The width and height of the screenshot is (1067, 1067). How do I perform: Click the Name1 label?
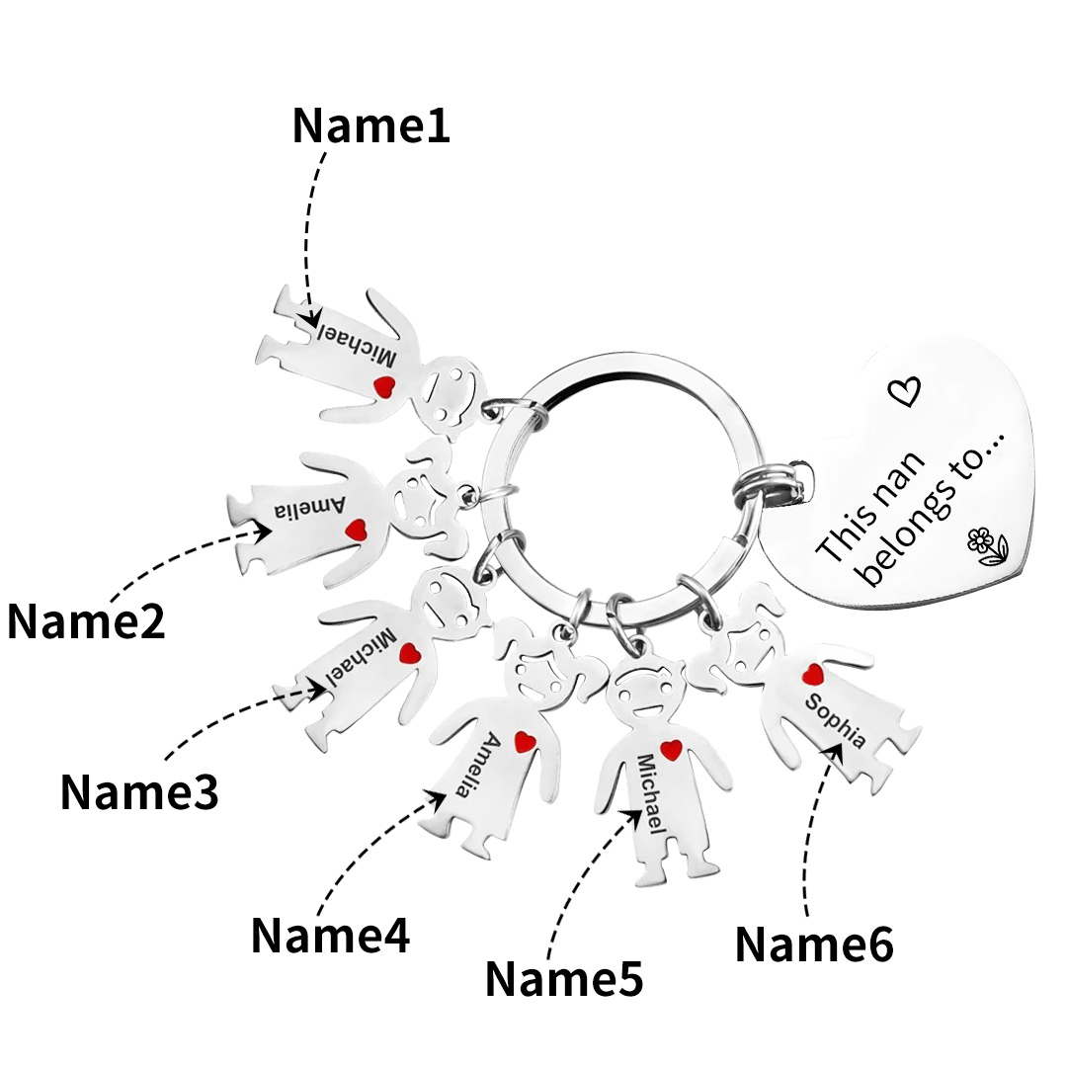pos(370,125)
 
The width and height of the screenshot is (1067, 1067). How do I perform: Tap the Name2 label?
pos(86,621)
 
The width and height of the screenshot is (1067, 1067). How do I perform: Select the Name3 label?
pos(139,791)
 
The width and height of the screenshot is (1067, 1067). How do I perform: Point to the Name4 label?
pos(330,935)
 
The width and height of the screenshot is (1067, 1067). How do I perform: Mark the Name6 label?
pos(814,944)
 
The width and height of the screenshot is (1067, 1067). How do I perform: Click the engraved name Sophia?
pos(836,721)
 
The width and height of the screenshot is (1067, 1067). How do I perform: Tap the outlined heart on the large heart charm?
pos(905,391)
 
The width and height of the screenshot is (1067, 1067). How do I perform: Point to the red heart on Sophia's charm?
pos(813,674)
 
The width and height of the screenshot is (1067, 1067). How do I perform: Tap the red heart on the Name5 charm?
pos(672,750)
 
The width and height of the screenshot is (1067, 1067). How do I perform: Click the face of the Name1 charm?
pos(453,388)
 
